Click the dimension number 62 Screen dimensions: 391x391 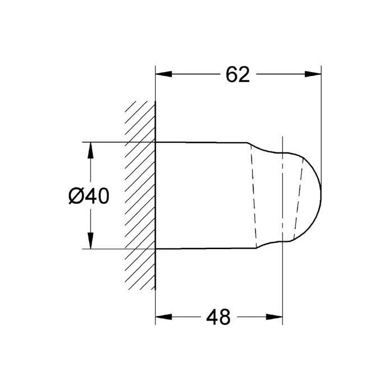[x=237, y=74]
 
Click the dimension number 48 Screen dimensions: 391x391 [x=218, y=317]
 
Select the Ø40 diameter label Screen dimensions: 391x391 [x=89, y=195]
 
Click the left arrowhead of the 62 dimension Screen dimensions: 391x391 [x=164, y=74]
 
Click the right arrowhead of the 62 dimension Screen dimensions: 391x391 [x=313, y=74]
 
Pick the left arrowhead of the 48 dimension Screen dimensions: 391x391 [x=164, y=317]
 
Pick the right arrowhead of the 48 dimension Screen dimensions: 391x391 [x=274, y=317]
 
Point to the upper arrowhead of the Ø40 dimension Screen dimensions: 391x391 [x=90, y=150]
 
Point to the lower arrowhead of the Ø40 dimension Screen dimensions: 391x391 [x=90, y=241]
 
